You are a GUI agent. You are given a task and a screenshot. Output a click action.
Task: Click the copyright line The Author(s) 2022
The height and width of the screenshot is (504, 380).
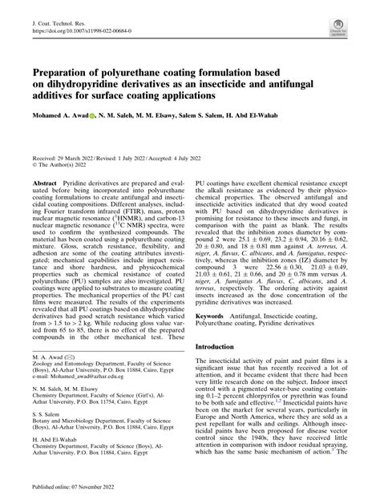63,166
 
